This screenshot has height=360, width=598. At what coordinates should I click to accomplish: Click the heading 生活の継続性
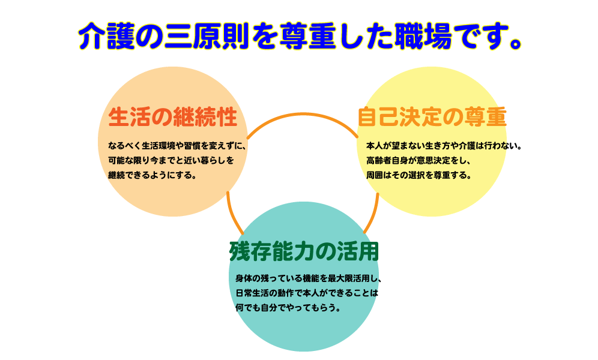tap(173, 117)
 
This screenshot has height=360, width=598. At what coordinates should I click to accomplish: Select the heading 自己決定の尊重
tap(432, 117)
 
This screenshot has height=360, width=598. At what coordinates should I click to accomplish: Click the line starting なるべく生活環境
tap(177, 145)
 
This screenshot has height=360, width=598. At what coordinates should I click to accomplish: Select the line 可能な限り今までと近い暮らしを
tap(171, 160)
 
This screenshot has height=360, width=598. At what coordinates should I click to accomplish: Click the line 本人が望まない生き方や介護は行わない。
tap(444, 145)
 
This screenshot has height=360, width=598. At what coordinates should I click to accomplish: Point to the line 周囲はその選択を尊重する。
tap(419, 175)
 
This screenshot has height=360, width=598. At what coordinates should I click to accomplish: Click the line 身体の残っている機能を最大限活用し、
tap(309, 278)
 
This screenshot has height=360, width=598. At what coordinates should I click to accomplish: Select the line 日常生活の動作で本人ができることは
tap(306, 293)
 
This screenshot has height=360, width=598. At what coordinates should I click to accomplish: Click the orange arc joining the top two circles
tap(303, 115)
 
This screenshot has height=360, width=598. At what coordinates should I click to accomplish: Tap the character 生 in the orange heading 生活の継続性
tap(119, 117)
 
